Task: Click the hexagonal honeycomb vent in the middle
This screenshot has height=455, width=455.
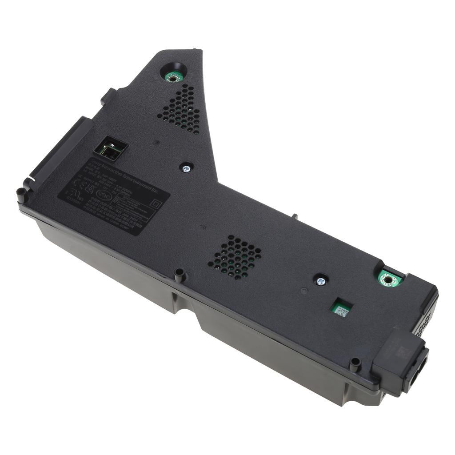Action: coord(235,257)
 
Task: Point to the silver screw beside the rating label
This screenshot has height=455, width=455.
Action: coord(186,168)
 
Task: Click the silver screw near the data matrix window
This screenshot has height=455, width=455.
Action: coord(320,281)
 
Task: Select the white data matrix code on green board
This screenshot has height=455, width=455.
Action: coord(341,309)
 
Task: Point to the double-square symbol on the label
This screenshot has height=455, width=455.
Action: coord(155,203)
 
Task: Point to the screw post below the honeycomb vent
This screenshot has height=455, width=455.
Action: coord(180,275)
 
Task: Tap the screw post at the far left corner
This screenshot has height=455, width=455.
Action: coord(21,194)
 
